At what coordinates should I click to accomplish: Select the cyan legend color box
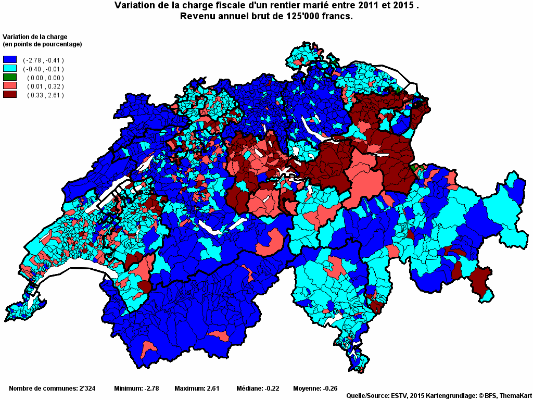[10, 69]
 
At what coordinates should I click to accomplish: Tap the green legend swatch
[10, 78]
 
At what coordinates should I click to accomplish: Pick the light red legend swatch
[10, 86]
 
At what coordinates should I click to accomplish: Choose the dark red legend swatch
[10, 94]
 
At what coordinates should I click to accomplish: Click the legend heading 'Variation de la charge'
[35, 37]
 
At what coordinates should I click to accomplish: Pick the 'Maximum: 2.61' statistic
[197, 388]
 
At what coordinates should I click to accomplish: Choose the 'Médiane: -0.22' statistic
[258, 388]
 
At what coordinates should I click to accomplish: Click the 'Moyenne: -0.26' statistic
[315, 388]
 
